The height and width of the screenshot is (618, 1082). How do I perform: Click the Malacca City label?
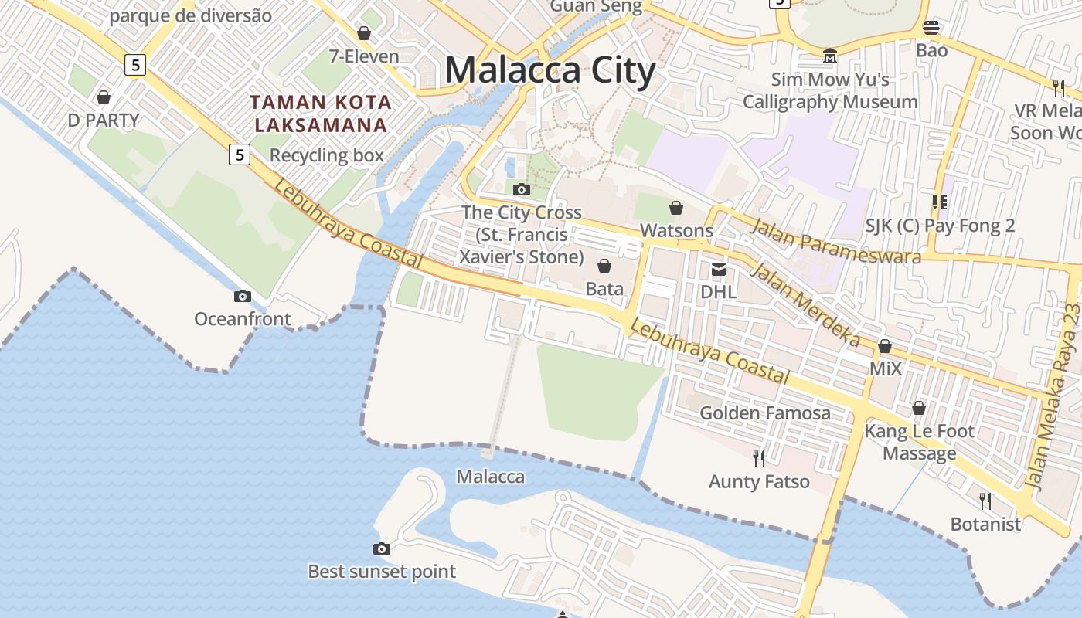[x=550, y=70]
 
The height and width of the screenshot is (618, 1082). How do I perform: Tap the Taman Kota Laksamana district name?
[x=321, y=113]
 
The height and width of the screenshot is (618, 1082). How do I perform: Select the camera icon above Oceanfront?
[x=243, y=296]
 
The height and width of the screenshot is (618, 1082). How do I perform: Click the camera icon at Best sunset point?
[x=382, y=548]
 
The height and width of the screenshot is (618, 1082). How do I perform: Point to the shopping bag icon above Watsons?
[x=676, y=208]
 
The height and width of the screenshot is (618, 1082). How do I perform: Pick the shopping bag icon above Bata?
[x=604, y=266]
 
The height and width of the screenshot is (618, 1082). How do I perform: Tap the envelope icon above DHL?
[x=719, y=269]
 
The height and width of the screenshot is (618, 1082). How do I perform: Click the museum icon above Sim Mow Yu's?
[x=830, y=56]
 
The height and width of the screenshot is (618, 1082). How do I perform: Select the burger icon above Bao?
[x=931, y=28]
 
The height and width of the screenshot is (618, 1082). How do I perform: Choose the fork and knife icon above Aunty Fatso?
[x=759, y=459]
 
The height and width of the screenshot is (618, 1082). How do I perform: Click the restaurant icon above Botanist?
[x=985, y=501]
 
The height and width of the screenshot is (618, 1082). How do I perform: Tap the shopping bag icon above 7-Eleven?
[x=364, y=33]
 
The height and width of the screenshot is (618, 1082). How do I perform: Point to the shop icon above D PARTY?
[x=104, y=97]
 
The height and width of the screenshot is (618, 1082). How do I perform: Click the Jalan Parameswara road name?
[x=835, y=241]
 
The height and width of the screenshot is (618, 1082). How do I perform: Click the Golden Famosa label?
[x=765, y=413]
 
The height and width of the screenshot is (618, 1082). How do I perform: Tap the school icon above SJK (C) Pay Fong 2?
[x=940, y=202]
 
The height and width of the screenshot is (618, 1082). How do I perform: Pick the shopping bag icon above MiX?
[x=885, y=346]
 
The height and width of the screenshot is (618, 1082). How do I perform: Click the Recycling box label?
[x=326, y=155]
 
